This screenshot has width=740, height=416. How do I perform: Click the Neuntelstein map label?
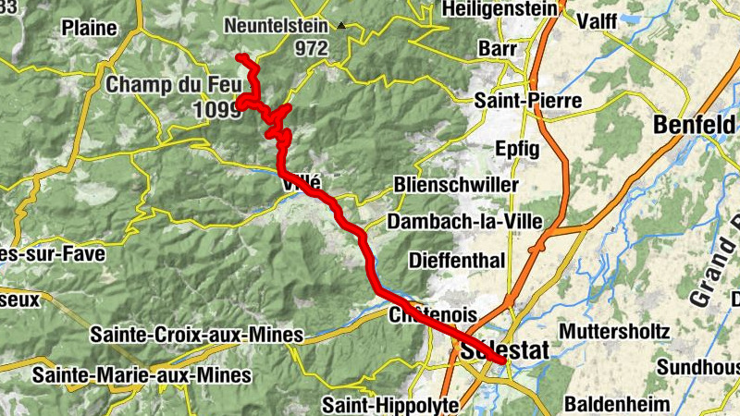pyautogui.click(x=278, y=28)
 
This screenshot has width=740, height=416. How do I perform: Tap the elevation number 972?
pyautogui.click(x=312, y=49)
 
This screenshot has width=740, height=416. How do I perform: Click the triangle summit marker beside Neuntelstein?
pyautogui.click(x=342, y=27)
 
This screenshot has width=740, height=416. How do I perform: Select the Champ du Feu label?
pyautogui.click(x=173, y=84)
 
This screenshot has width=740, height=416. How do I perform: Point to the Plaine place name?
pyautogui.click(x=89, y=28)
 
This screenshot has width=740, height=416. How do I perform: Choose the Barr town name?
pyautogui.click(x=497, y=48)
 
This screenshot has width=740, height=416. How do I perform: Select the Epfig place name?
pyautogui.click(x=517, y=147)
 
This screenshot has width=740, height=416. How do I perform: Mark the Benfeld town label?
pyautogui.click(x=697, y=123)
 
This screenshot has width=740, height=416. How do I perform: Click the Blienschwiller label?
pyautogui.click(x=455, y=185)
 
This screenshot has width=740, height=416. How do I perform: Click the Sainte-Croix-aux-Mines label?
pyautogui.click(x=197, y=334)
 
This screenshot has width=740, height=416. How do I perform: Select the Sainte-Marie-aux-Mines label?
pyautogui.click(x=142, y=375)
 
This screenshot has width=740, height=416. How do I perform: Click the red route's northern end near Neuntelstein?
pyautogui.click(x=240, y=58)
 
